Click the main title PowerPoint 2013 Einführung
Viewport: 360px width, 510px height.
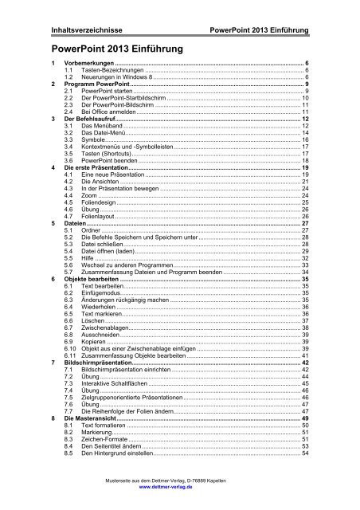pyautogui.click(x=116, y=49)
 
